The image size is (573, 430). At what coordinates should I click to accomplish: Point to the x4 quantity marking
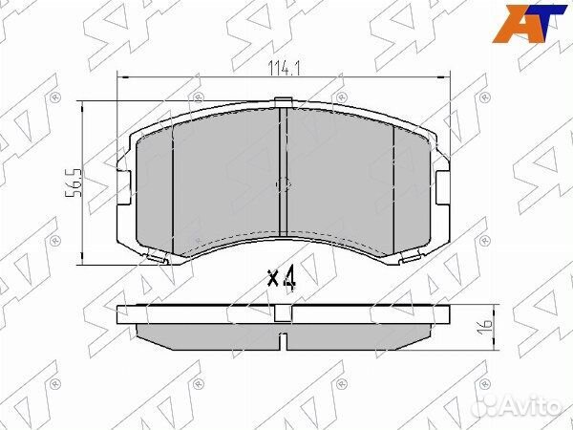[x=283, y=279]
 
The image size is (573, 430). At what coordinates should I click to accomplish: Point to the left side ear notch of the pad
[x=122, y=179]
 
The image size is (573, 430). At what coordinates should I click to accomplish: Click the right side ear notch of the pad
[x=441, y=179]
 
